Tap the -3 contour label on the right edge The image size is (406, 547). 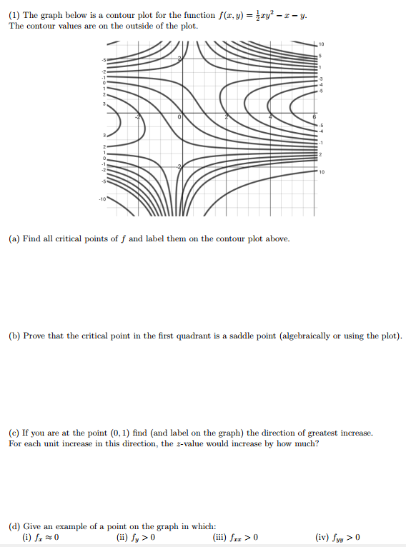point(322,78)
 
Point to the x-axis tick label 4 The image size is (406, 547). point(270,116)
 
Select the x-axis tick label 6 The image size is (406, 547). point(314,116)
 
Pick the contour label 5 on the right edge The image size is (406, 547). point(321,56)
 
